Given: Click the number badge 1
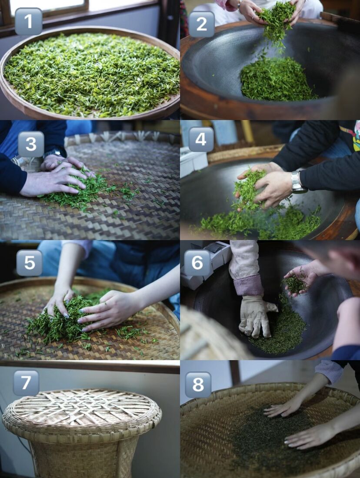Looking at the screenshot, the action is point(28,21).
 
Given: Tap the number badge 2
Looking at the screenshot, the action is point(201,24).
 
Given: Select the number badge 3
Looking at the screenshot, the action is point(31,144).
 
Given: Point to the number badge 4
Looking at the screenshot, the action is point(201,139).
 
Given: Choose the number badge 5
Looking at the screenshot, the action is point(29,263).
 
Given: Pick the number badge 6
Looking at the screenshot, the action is point(197,263).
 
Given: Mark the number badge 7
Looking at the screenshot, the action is point(26,383).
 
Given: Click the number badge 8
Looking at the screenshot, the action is point(198,385).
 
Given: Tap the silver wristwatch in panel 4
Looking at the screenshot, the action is point(298,182).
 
